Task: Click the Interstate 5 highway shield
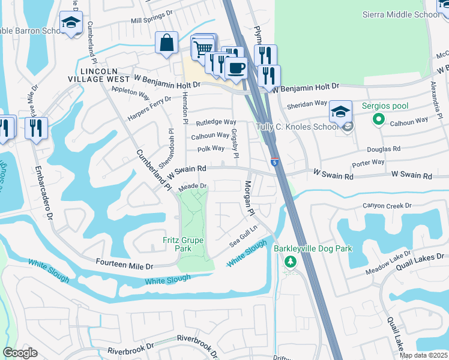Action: pyautogui.click(x=275, y=162)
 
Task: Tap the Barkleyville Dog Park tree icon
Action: pyautogui.click(x=291, y=262)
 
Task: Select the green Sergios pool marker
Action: pyautogui.click(x=378, y=119)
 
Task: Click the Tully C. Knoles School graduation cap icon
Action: pyautogui.click(x=340, y=112)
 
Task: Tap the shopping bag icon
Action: pyautogui.click(x=166, y=43)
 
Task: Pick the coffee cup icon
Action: pyautogui.click(x=237, y=68)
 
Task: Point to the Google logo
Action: pyautogui.click(x=20, y=353)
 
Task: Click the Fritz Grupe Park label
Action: pyautogui.click(x=183, y=245)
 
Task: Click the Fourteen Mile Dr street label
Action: pyautogui.click(x=125, y=265)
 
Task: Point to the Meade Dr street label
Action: pyautogui.click(x=192, y=187)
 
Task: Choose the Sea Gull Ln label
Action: pyautogui.click(x=243, y=236)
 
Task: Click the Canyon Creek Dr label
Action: pyautogui.click(x=387, y=205)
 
